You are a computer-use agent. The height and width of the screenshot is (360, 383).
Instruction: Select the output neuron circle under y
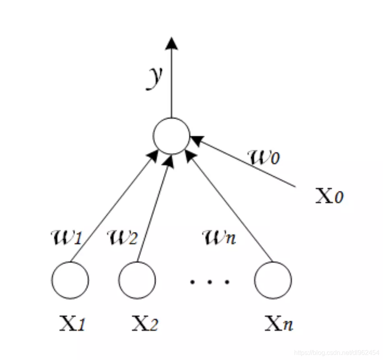[x=171, y=136]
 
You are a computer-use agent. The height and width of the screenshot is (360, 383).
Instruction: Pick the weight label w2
[x=122, y=238]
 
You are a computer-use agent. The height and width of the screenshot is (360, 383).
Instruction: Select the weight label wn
[x=218, y=238]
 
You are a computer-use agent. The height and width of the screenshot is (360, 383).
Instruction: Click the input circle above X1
[x=70, y=280]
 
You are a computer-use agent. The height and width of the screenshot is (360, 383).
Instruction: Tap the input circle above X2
[x=137, y=280]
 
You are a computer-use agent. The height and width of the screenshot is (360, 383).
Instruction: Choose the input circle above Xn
[x=273, y=280]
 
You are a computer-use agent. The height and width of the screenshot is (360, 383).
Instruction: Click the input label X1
[x=72, y=323]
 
